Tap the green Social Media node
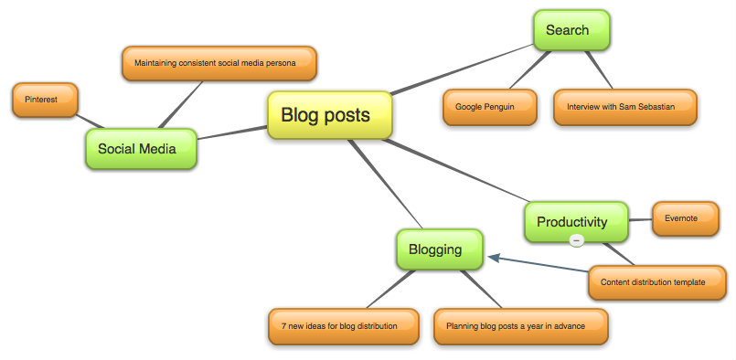coord(141,149)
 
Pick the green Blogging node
coord(439,249)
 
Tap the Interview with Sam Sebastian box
coord(625,107)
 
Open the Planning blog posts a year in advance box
coord(521,325)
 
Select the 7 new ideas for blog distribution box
coord(344,325)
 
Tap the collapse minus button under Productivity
coord(576,240)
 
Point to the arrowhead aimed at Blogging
coord(494,258)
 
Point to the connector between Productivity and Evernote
coord(642,219)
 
